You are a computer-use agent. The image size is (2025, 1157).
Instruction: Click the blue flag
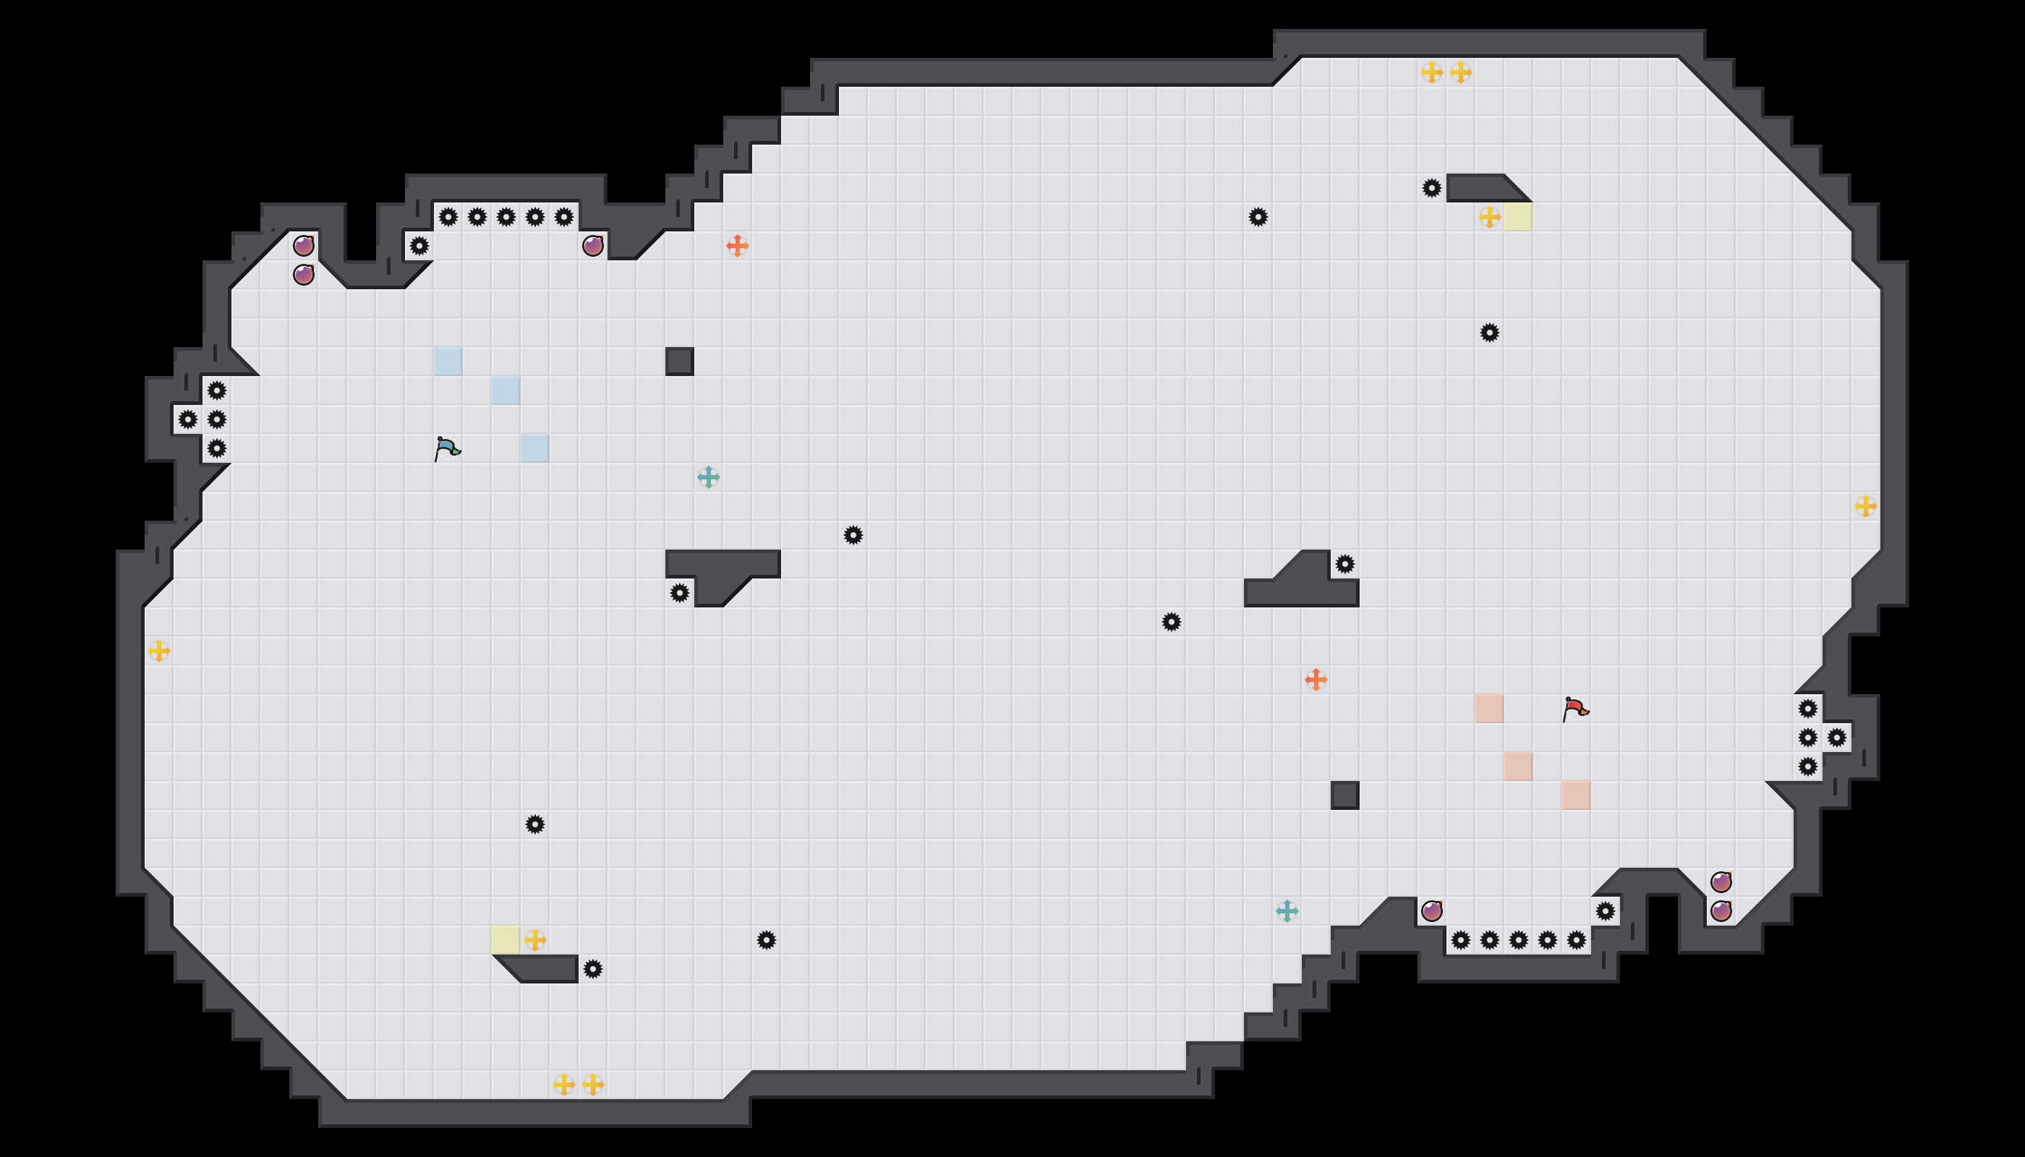pyautogui.click(x=448, y=449)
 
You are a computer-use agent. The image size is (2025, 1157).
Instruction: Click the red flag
pyautogui.click(x=1575, y=709)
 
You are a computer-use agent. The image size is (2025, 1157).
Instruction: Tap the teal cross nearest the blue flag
pyautogui.click(x=708, y=477)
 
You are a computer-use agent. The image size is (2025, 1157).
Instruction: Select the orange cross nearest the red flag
pyautogui.click(x=1316, y=680)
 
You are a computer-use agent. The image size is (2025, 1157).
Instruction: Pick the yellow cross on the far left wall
pyautogui.click(x=159, y=651)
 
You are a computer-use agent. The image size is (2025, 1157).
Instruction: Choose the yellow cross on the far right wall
pyautogui.click(x=1865, y=506)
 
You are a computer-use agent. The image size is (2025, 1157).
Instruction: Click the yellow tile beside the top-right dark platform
pyautogui.click(x=1518, y=217)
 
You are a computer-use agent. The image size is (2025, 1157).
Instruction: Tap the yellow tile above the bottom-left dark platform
pyautogui.click(x=506, y=940)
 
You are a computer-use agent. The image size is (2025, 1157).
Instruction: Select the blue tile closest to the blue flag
pyautogui.click(x=535, y=448)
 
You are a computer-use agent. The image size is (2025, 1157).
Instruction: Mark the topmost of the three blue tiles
pyautogui.click(x=448, y=362)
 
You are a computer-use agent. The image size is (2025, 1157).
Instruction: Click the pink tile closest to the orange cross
pyautogui.click(x=1488, y=709)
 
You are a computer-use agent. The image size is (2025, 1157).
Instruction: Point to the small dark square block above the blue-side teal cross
pyautogui.click(x=680, y=362)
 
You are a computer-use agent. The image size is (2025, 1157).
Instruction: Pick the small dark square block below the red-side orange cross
pyautogui.click(x=1344, y=795)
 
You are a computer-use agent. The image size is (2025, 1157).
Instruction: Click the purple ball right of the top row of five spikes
pyautogui.click(x=593, y=247)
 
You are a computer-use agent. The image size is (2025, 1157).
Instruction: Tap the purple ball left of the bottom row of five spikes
pyautogui.click(x=1431, y=910)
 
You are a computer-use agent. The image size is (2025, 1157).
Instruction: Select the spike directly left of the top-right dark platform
pyautogui.click(x=1431, y=188)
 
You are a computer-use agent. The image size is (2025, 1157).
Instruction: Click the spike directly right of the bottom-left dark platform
pyautogui.click(x=593, y=970)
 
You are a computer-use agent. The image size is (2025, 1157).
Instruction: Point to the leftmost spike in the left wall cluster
pyautogui.click(x=187, y=419)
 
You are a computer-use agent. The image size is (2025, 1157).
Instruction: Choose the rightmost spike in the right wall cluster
pyautogui.click(x=1837, y=738)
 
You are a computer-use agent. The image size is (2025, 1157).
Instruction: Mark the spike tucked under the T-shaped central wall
pyautogui.click(x=680, y=593)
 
